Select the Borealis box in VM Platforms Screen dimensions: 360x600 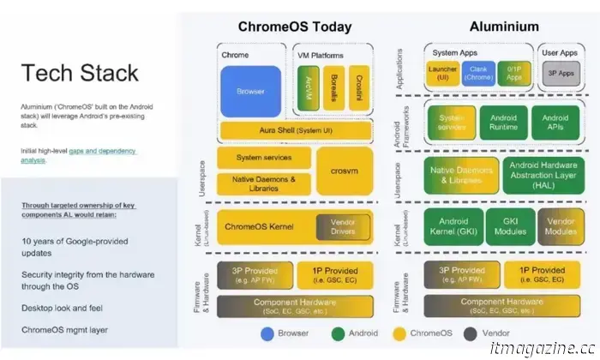coord(334,90)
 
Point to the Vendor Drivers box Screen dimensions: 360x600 coord(336,227)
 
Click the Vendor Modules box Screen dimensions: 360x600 coord(556,226)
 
